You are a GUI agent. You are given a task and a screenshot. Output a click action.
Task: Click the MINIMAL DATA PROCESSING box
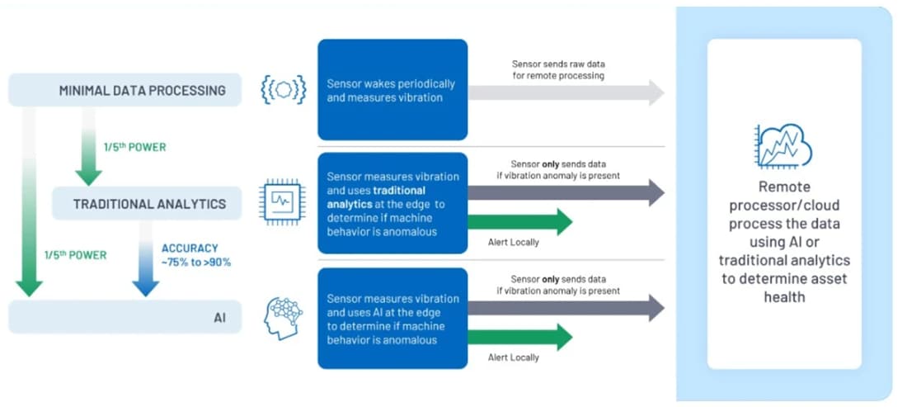tap(125, 90)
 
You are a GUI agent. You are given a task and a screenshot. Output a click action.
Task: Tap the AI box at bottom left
tap(125, 317)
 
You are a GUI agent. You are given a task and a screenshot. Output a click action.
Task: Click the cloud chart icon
tap(782, 148)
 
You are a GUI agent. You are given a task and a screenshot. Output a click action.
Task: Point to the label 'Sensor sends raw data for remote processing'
tap(557, 69)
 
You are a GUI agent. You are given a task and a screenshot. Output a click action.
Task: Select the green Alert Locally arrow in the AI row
tap(520, 336)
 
